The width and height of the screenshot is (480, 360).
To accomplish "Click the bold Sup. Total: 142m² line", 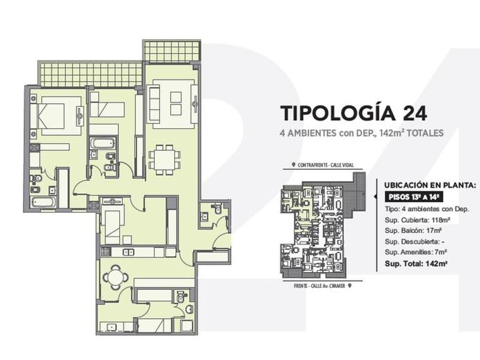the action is [415, 263].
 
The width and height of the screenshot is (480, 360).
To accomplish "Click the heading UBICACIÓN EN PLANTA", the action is [430, 185].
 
